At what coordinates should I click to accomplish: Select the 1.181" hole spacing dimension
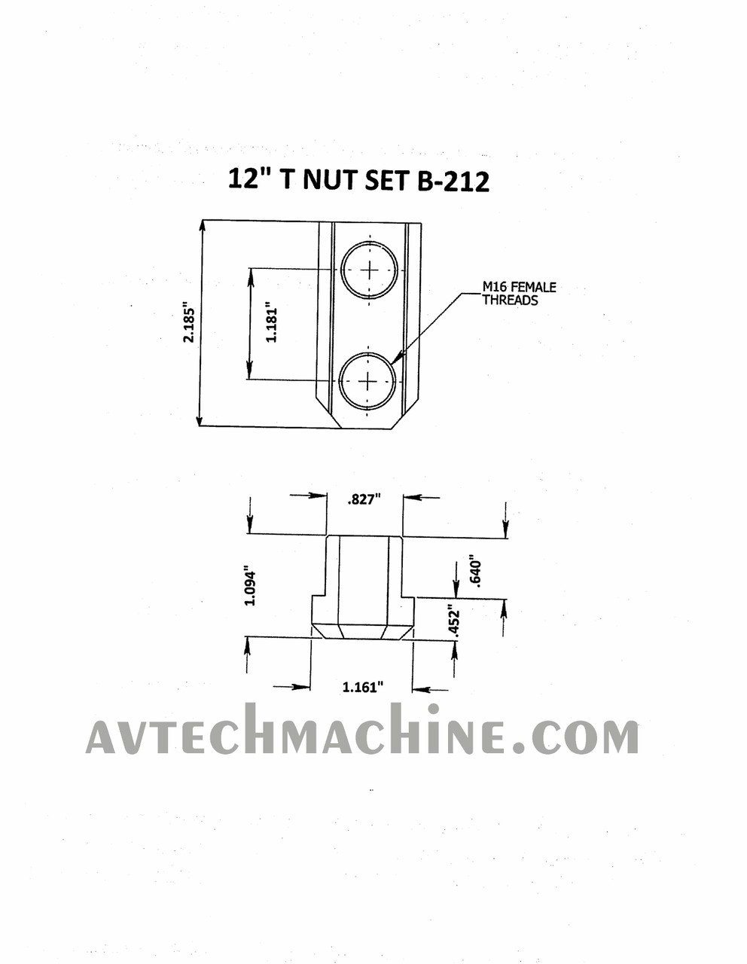271,322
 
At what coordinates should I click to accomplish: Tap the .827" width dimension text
364,500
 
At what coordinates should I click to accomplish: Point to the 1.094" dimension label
250,586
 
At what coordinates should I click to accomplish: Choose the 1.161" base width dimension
362,687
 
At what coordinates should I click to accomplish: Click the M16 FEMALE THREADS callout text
519,294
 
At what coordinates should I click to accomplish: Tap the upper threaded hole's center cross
370,270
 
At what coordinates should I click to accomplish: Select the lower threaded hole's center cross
367,382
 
